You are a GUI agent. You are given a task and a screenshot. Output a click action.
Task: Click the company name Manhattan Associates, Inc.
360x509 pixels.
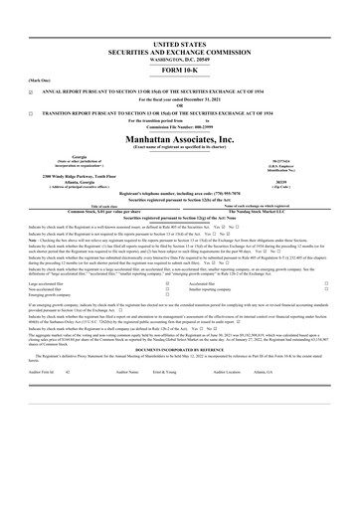(x=180, y=140)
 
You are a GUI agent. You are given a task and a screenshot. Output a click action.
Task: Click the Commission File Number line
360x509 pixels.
(x=180, y=129)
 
